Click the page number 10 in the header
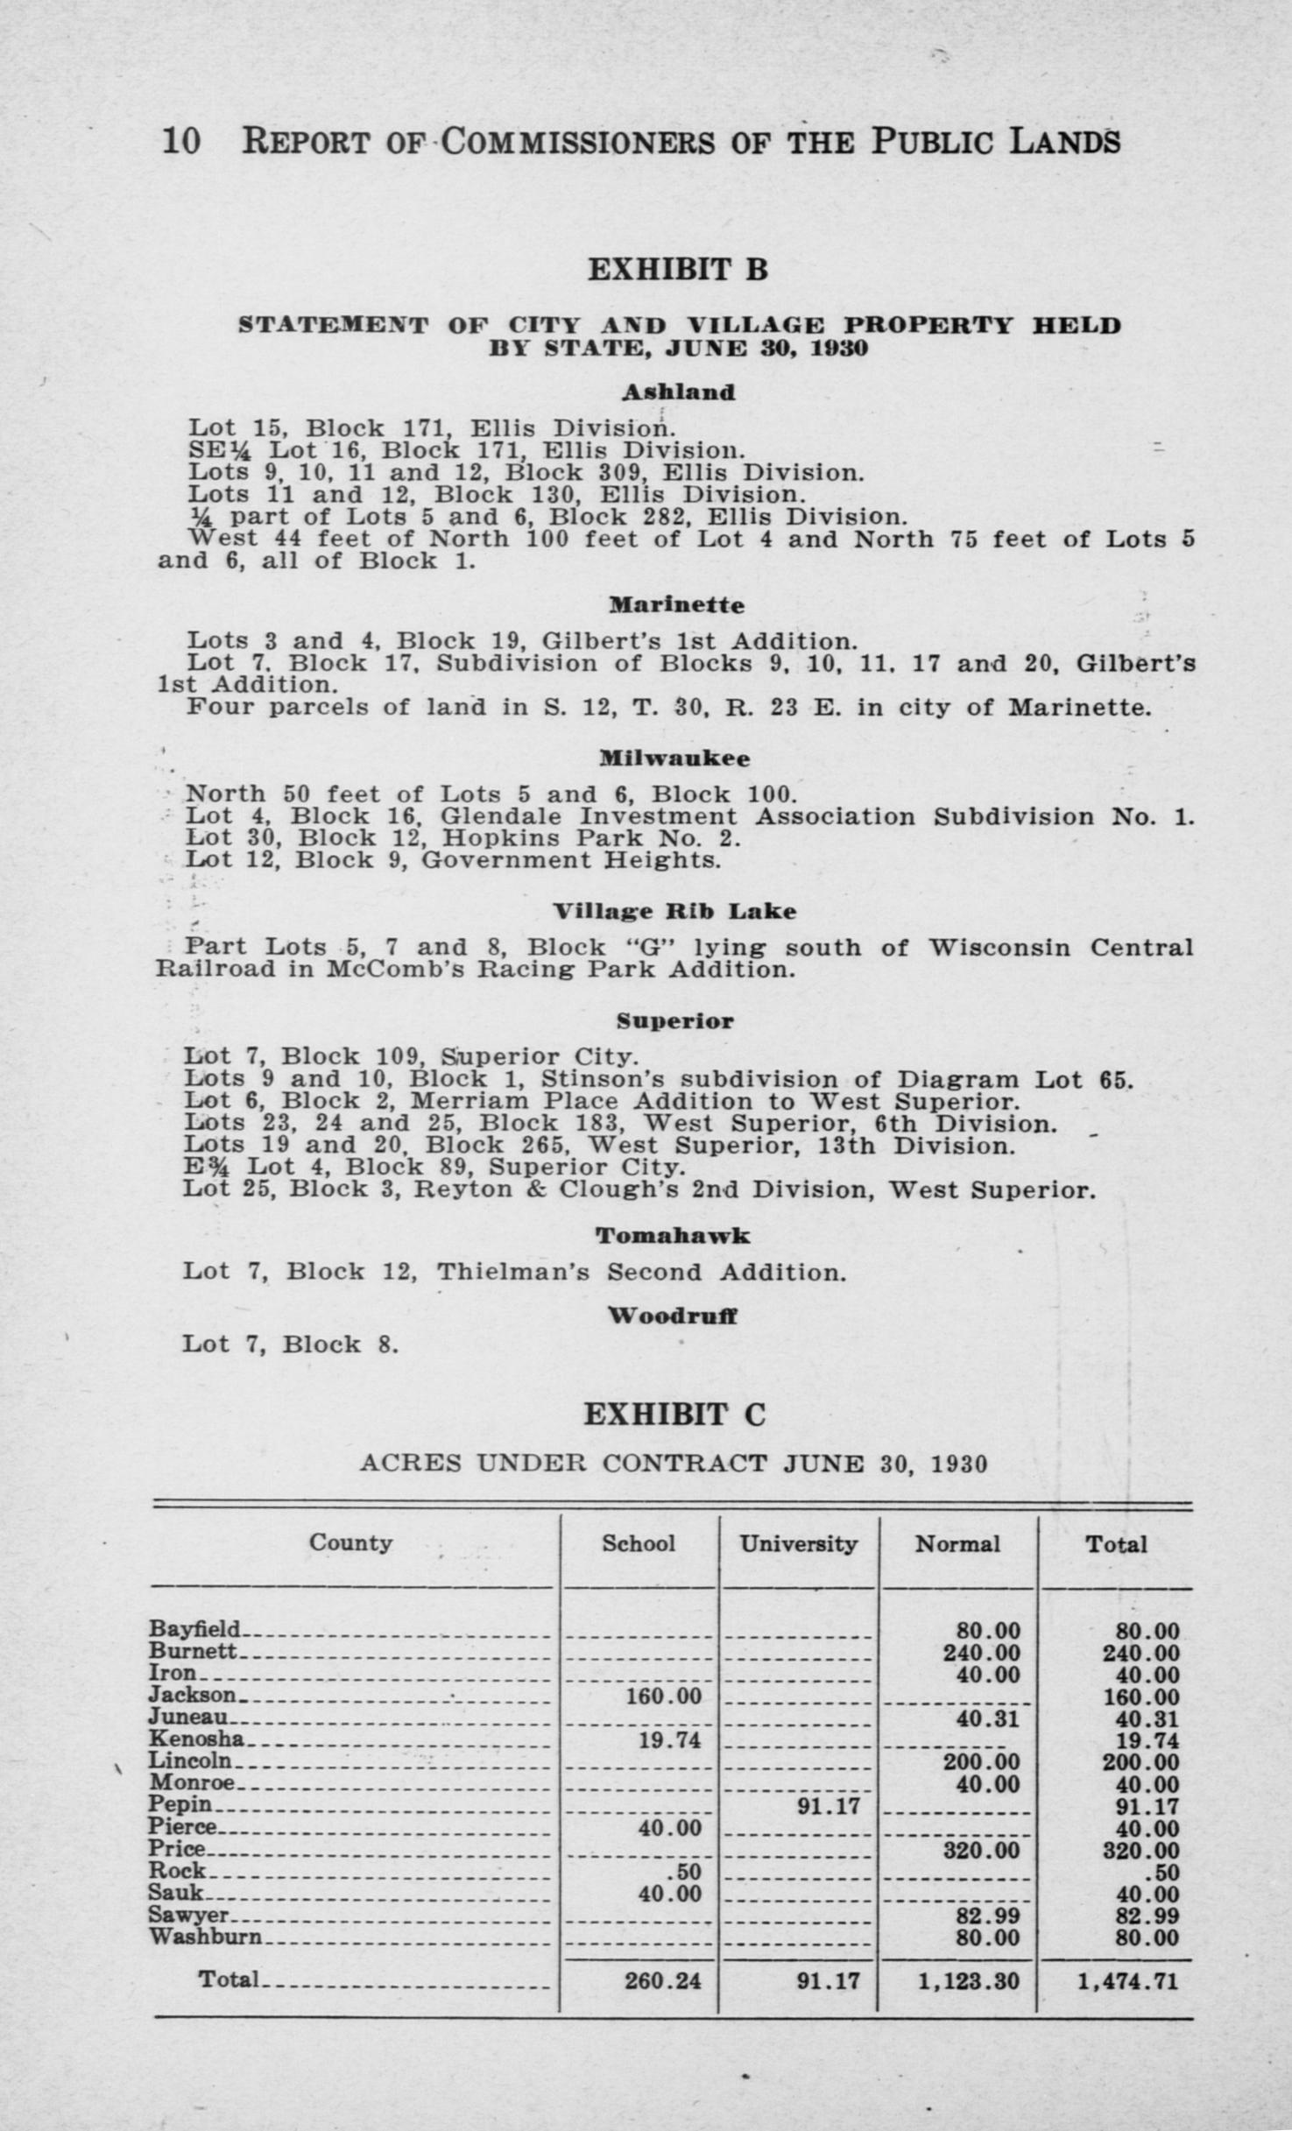pos(181,142)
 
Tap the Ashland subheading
pos(678,392)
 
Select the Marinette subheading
pos(676,605)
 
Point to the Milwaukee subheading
pos(674,759)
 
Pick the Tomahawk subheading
pos(673,1236)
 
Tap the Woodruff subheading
pos(673,1316)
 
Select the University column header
pos(798,1542)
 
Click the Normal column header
pos(957,1543)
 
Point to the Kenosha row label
pos(196,1739)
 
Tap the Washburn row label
pos(205,1936)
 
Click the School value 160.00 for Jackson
pos(663,1697)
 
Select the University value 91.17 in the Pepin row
pos(828,1805)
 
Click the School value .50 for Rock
pos(683,1871)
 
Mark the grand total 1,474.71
pos(1126,1980)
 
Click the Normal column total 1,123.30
pos(968,1980)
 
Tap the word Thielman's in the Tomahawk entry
pos(513,1272)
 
